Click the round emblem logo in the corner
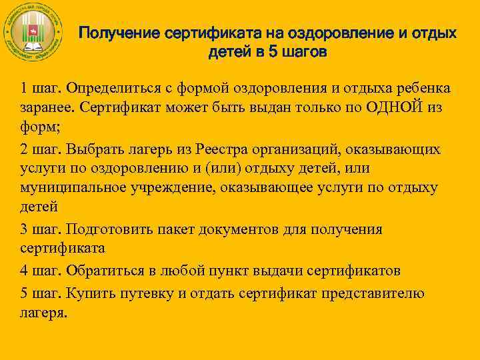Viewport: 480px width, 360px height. coord(33,33)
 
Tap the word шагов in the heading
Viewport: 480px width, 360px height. coord(304,53)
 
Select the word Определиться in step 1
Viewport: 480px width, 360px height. coord(123,89)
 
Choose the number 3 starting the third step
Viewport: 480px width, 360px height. coord(24,229)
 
